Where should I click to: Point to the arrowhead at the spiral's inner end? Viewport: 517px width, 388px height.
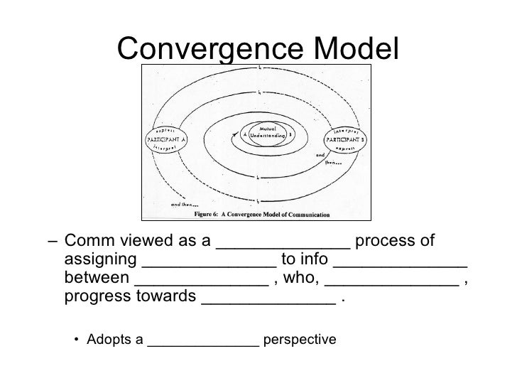pyautogui.click(x=235, y=133)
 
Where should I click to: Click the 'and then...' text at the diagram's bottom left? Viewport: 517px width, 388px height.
pyautogui.click(x=182, y=205)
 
